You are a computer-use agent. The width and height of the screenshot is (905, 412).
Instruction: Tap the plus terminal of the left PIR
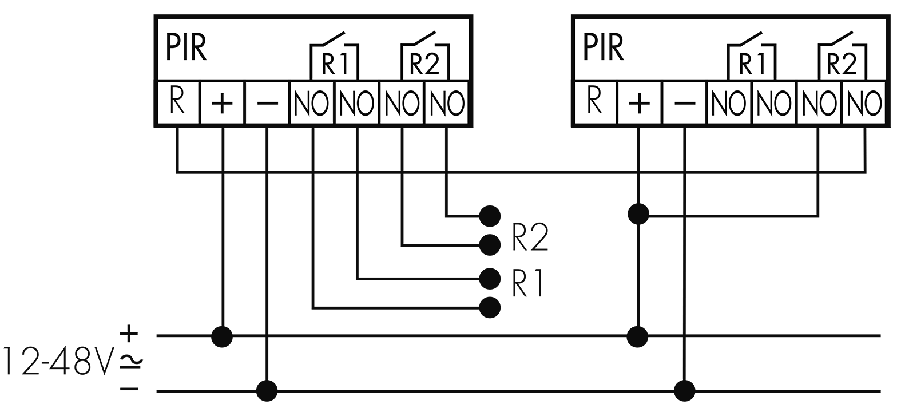point(222,102)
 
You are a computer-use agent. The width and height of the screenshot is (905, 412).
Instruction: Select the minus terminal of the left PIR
point(267,102)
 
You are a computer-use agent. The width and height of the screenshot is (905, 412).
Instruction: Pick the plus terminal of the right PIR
point(639,102)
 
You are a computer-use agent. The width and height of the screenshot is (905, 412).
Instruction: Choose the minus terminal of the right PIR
point(684,102)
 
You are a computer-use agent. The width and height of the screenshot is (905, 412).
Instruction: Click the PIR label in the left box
point(186,47)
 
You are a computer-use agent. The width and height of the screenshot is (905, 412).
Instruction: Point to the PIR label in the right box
point(603,47)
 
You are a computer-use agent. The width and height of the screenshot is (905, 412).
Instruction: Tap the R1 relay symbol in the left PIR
point(334,56)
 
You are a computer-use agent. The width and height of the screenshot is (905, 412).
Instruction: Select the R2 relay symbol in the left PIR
point(425,56)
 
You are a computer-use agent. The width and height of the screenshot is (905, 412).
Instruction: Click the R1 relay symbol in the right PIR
point(752,56)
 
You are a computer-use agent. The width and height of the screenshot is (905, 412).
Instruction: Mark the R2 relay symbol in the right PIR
point(843,56)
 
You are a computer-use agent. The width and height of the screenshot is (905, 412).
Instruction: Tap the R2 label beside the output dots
point(530,237)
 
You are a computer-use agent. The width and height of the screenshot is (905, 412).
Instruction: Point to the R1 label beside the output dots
point(527,284)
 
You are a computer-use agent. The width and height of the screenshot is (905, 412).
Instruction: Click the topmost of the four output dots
point(490,216)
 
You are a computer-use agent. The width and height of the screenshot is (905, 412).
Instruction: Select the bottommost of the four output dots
point(490,308)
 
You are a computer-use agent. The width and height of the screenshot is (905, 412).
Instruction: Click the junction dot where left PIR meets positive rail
point(222,336)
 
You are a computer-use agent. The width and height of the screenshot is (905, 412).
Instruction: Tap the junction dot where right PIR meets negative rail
point(684,391)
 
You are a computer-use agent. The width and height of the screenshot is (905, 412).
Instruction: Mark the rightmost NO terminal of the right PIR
point(864,102)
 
